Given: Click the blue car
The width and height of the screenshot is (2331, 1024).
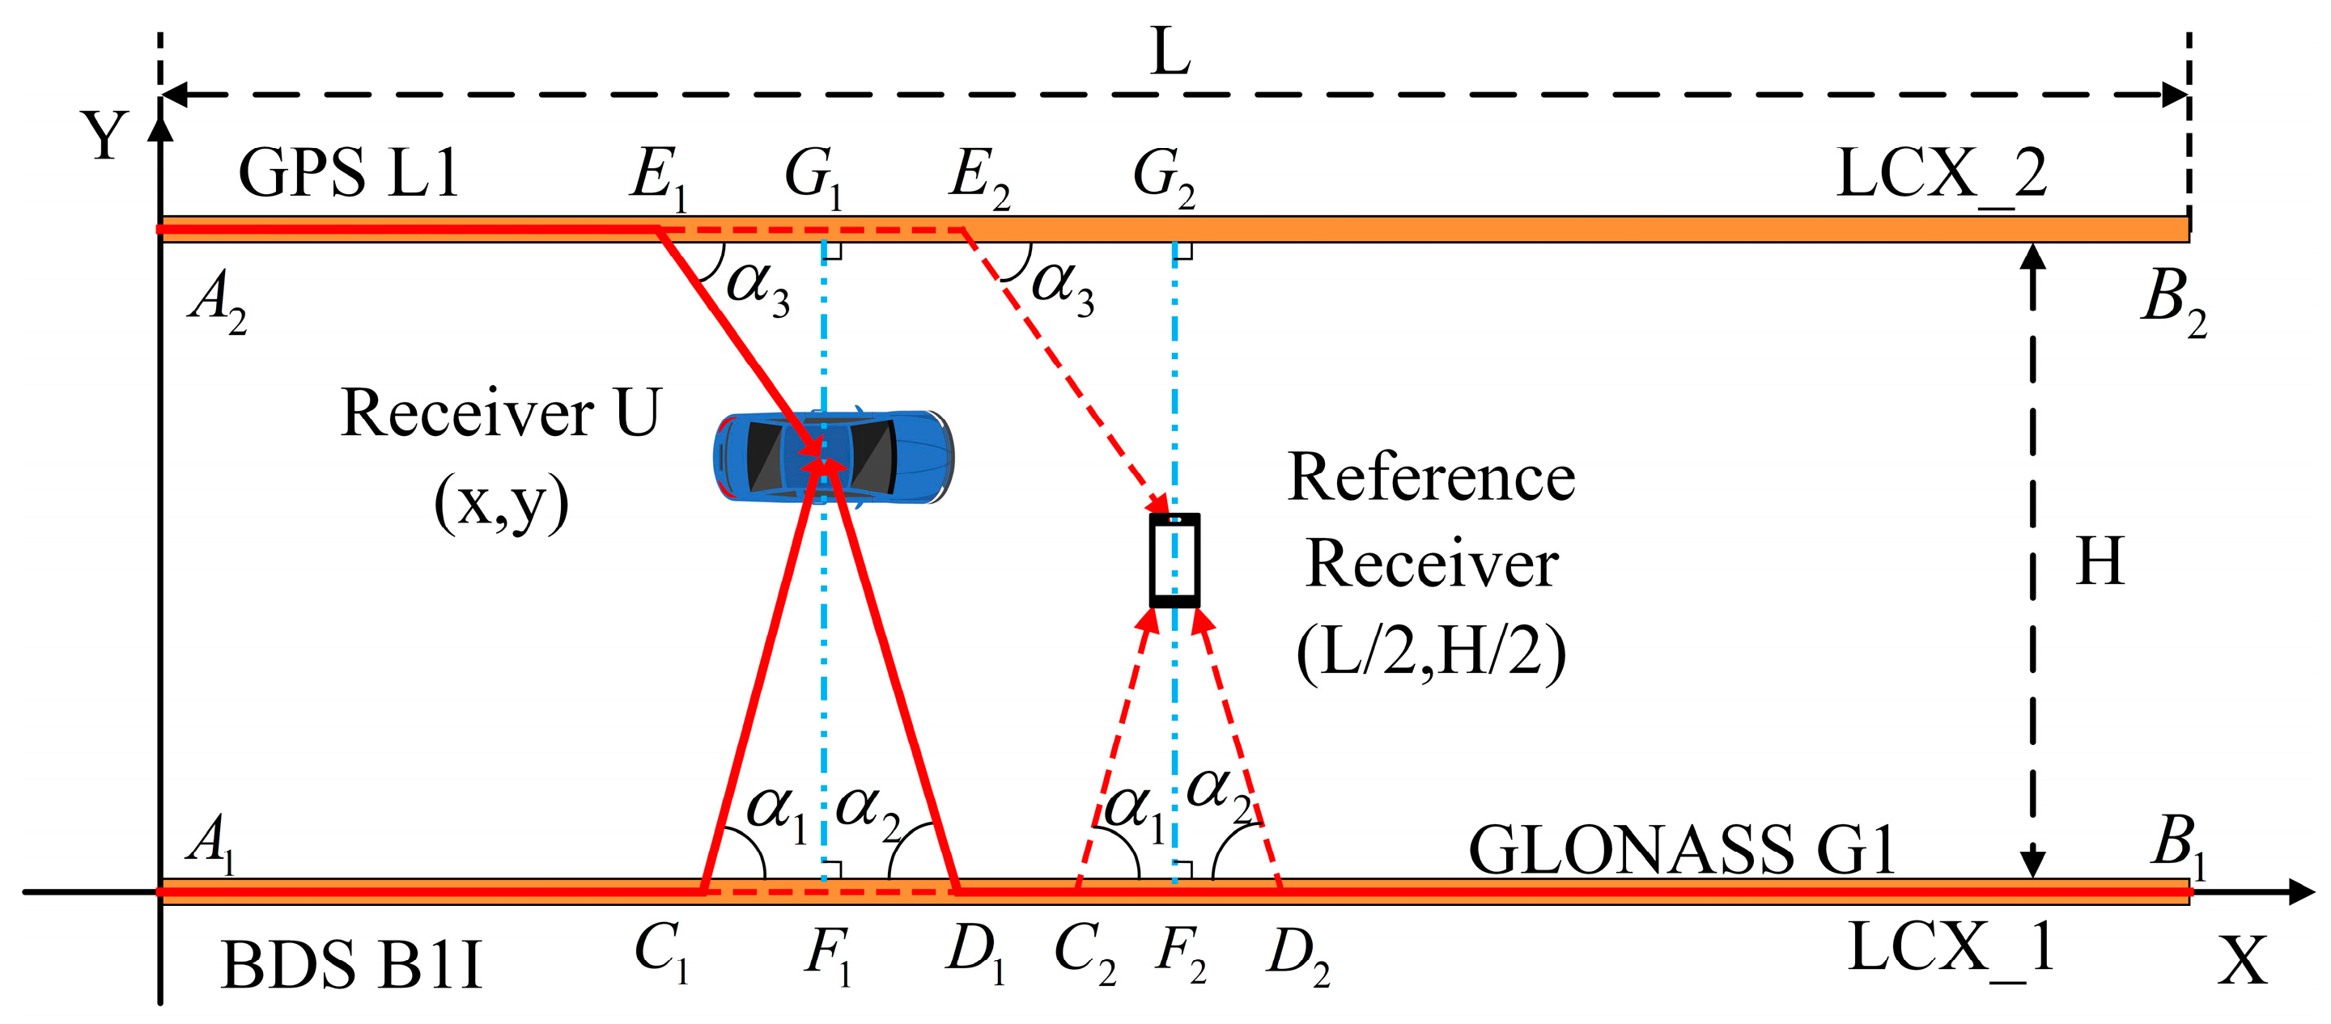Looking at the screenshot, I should tap(833, 457).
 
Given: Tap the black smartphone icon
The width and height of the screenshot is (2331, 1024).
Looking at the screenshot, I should tap(1174, 560).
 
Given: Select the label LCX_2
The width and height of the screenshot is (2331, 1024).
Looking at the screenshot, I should tap(1941, 174).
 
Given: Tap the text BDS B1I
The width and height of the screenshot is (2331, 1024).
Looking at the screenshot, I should tap(351, 964).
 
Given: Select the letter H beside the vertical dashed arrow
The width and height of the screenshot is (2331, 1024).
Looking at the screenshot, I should tap(2100, 561).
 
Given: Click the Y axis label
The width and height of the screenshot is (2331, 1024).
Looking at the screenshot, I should tap(104, 136).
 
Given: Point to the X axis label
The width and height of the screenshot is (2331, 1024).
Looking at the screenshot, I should tap(2242, 961).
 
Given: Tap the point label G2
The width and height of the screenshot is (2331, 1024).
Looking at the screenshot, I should tap(1164, 176).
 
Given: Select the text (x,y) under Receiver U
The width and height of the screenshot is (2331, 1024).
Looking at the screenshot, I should tap(501, 504).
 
